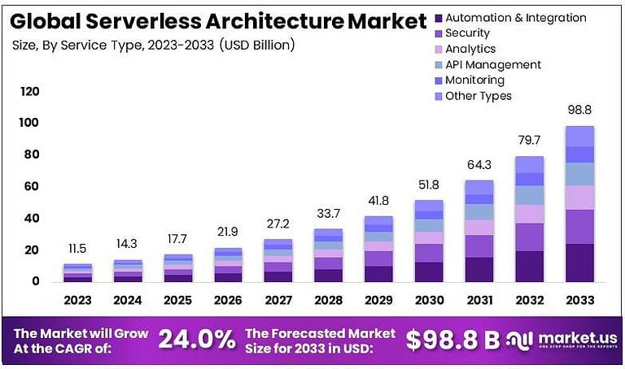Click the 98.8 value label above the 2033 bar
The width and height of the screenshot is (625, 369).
click(579, 109)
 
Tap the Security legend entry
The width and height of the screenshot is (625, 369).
click(467, 33)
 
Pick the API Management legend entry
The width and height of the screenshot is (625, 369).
click(492, 64)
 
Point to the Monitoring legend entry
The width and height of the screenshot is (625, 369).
click(474, 80)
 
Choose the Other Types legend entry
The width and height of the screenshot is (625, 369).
click(479, 96)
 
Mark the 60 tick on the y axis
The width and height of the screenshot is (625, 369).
click(32, 187)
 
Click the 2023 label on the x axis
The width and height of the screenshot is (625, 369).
click(78, 301)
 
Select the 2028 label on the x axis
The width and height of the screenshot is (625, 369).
click(329, 301)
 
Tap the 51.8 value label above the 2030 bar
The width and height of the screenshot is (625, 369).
click(429, 184)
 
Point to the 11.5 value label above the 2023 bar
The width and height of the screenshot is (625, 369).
click(78, 248)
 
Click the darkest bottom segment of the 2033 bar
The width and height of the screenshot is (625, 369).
click(579, 263)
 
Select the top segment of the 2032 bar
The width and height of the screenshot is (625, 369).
click(529, 164)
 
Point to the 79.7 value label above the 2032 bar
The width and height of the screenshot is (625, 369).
click(529, 140)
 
